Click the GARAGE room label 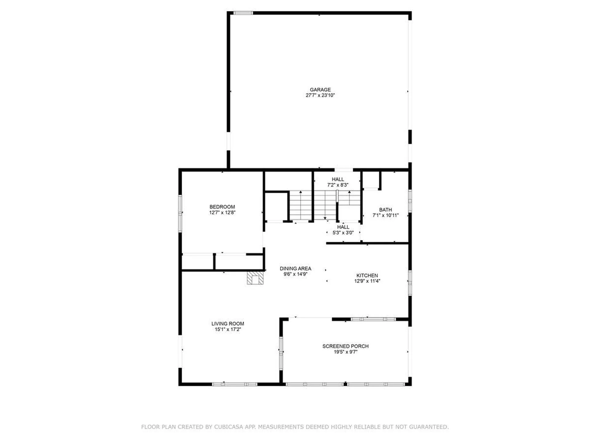(320, 90)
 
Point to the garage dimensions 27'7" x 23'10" (320, 95)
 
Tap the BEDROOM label (222, 207)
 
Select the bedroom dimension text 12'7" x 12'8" (222, 212)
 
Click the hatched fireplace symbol (255, 278)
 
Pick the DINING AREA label (295, 269)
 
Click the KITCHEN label (367, 275)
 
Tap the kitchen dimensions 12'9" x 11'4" (367, 281)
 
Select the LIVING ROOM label (228, 324)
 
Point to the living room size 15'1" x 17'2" (228, 329)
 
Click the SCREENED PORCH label (345, 346)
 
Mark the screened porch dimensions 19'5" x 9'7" (345, 352)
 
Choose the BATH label (385, 210)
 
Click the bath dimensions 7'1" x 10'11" (385, 215)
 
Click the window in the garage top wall (243, 13)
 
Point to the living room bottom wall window (235, 384)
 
